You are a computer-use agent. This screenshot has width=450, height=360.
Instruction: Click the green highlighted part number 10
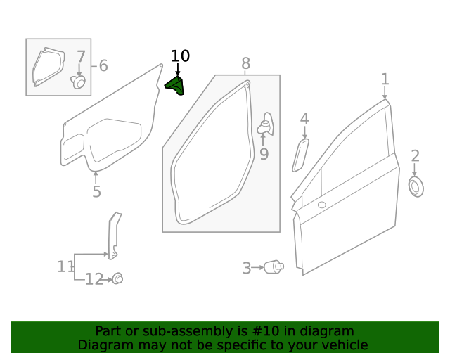[175, 86]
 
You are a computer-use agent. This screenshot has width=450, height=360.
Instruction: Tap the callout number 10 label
[180, 56]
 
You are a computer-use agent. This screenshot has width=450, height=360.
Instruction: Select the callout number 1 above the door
[385, 78]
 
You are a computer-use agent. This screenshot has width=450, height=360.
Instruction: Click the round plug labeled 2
[416, 186]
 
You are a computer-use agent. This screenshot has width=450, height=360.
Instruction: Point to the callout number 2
[415, 156]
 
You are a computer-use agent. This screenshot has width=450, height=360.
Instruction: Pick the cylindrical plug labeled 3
[274, 267]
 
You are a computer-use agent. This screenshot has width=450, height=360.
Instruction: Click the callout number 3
[247, 268]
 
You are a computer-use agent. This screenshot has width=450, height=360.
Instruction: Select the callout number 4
[304, 119]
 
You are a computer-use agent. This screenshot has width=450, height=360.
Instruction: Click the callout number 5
[96, 192]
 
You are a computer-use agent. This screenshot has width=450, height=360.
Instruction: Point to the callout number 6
[103, 66]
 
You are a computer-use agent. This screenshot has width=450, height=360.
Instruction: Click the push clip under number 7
[79, 83]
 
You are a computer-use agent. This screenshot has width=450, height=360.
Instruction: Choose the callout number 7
[80, 57]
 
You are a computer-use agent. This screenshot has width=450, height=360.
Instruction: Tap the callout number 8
[245, 64]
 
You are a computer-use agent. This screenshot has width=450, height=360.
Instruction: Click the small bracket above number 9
[266, 124]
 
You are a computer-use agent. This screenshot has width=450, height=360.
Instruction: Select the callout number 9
[264, 154]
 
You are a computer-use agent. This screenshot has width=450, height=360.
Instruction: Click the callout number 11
[65, 266]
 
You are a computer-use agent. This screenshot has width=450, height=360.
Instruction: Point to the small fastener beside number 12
[117, 278]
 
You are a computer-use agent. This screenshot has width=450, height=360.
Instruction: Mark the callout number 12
[94, 280]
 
